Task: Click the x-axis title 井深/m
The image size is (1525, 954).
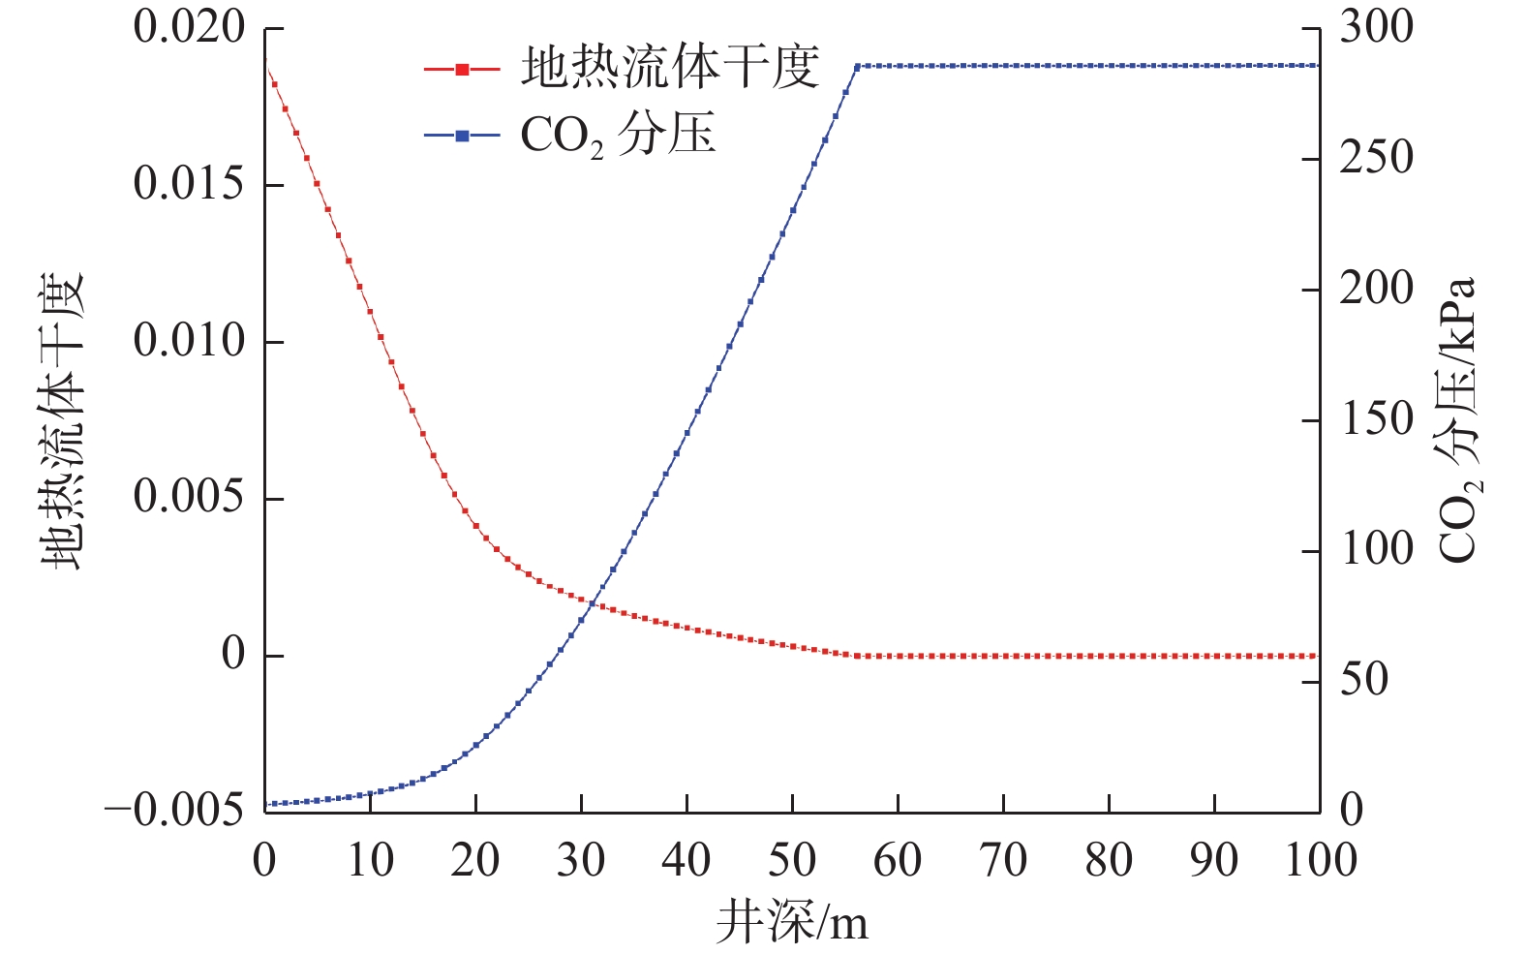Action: tap(792, 922)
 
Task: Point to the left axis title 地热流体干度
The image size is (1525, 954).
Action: tap(62, 421)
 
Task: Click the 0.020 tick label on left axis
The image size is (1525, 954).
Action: tap(189, 27)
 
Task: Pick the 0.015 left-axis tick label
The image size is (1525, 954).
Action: tap(189, 184)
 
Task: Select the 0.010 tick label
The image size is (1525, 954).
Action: tap(189, 341)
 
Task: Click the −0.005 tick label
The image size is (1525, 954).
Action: tap(174, 811)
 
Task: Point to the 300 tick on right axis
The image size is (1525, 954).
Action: tap(1376, 27)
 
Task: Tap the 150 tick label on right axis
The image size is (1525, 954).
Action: tap(1376, 419)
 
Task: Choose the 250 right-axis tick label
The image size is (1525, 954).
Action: tap(1376, 158)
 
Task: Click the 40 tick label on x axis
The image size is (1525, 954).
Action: tap(686, 860)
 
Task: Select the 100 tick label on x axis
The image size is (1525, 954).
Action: tap(1320, 860)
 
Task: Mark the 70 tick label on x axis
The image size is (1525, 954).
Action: tap(1003, 860)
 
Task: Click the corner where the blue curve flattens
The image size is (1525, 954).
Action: tap(857, 66)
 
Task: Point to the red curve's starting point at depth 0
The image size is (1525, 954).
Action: tap(265, 60)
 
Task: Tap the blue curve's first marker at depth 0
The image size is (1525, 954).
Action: tap(265, 804)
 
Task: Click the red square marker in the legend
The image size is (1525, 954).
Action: tap(462, 69)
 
